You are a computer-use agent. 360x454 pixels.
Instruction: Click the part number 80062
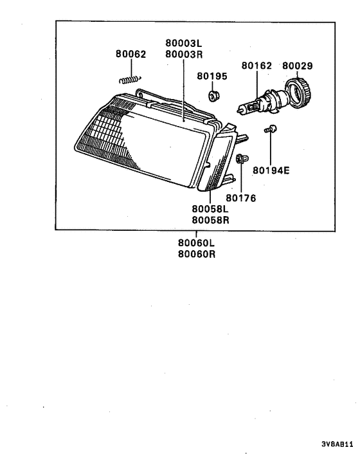coord(130,55)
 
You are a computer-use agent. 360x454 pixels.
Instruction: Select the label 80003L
coord(184,44)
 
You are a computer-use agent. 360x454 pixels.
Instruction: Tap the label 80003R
coord(184,54)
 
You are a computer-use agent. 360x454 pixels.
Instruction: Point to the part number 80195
coord(212,76)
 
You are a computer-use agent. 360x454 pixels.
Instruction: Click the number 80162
coord(256,66)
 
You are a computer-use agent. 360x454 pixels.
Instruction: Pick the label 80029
coord(298,66)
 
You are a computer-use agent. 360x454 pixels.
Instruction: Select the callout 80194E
coord(271,171)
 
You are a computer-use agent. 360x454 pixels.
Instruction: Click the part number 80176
coord(241,198)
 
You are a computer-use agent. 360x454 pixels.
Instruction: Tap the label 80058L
coord(210,209)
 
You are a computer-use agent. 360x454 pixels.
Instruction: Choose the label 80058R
coord(210,219)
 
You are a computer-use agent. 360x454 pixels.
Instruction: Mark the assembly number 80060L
coord(196,243)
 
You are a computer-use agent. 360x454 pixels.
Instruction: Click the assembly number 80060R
coord(196,253)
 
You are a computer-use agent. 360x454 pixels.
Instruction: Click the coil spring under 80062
coord(130,80)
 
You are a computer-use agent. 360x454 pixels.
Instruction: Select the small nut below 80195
coord(213,96)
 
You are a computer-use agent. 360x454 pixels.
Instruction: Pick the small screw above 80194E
coord(269,129)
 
